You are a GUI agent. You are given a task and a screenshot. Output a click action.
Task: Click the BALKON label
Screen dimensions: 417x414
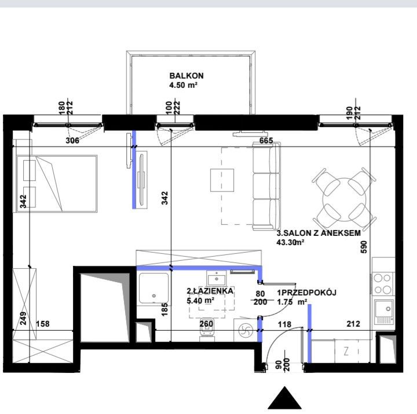(186, 76)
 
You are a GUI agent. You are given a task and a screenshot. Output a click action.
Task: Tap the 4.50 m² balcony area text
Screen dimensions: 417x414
(183, 85)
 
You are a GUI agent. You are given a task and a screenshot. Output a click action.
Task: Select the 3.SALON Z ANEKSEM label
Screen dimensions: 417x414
(319, 233)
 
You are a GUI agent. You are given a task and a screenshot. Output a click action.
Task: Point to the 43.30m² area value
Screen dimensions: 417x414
(290, 242)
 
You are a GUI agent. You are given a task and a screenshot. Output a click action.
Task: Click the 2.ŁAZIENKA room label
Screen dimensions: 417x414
(210, 291)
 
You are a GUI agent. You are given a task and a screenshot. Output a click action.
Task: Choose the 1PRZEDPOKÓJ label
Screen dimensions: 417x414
(306, 293)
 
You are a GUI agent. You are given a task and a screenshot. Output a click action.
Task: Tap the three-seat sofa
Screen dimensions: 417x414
(266, 186)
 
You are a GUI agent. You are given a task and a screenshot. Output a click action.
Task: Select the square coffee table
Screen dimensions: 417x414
(222, 180)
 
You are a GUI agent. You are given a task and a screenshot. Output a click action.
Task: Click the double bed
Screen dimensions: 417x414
(56, 184)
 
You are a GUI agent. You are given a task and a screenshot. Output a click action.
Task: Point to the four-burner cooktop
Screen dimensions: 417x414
(383, 283)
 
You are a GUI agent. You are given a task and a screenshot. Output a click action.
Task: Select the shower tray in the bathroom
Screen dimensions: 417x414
(153, 289)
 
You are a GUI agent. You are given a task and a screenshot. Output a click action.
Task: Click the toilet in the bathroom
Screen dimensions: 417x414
(207, 330)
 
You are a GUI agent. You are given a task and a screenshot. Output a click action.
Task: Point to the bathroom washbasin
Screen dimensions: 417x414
(217, 278)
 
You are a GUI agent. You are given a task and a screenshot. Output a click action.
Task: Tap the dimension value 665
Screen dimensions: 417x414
(266, 141)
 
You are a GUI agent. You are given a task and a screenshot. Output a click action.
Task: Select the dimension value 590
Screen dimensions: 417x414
(364, 247)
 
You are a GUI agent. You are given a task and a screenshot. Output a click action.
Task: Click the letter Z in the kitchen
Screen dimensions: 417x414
(346, 352)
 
